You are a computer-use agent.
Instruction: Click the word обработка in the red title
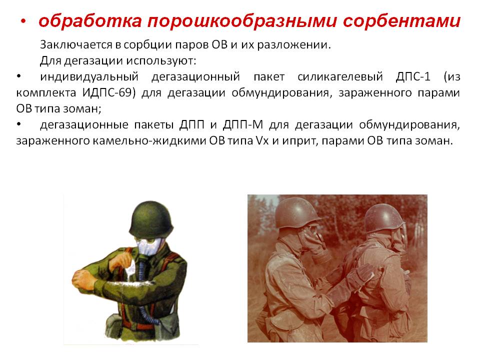[90, 21]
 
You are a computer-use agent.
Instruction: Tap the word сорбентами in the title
[401, 21]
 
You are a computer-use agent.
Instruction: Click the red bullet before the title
[23, 21]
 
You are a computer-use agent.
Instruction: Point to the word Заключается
[76, 44]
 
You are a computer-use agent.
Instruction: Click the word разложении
[294, 45]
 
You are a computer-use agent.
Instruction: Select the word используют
[161, 60]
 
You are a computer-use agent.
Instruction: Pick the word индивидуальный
[89, 76]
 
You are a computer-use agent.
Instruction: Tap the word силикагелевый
[340, 76]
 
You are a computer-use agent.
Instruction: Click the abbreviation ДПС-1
[413, 76]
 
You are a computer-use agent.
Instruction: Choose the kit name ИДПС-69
[108, 92]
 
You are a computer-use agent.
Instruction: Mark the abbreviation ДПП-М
[243, 124]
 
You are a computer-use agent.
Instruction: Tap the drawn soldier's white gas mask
[148, 246]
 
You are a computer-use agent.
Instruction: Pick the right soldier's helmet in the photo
[385, 218]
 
